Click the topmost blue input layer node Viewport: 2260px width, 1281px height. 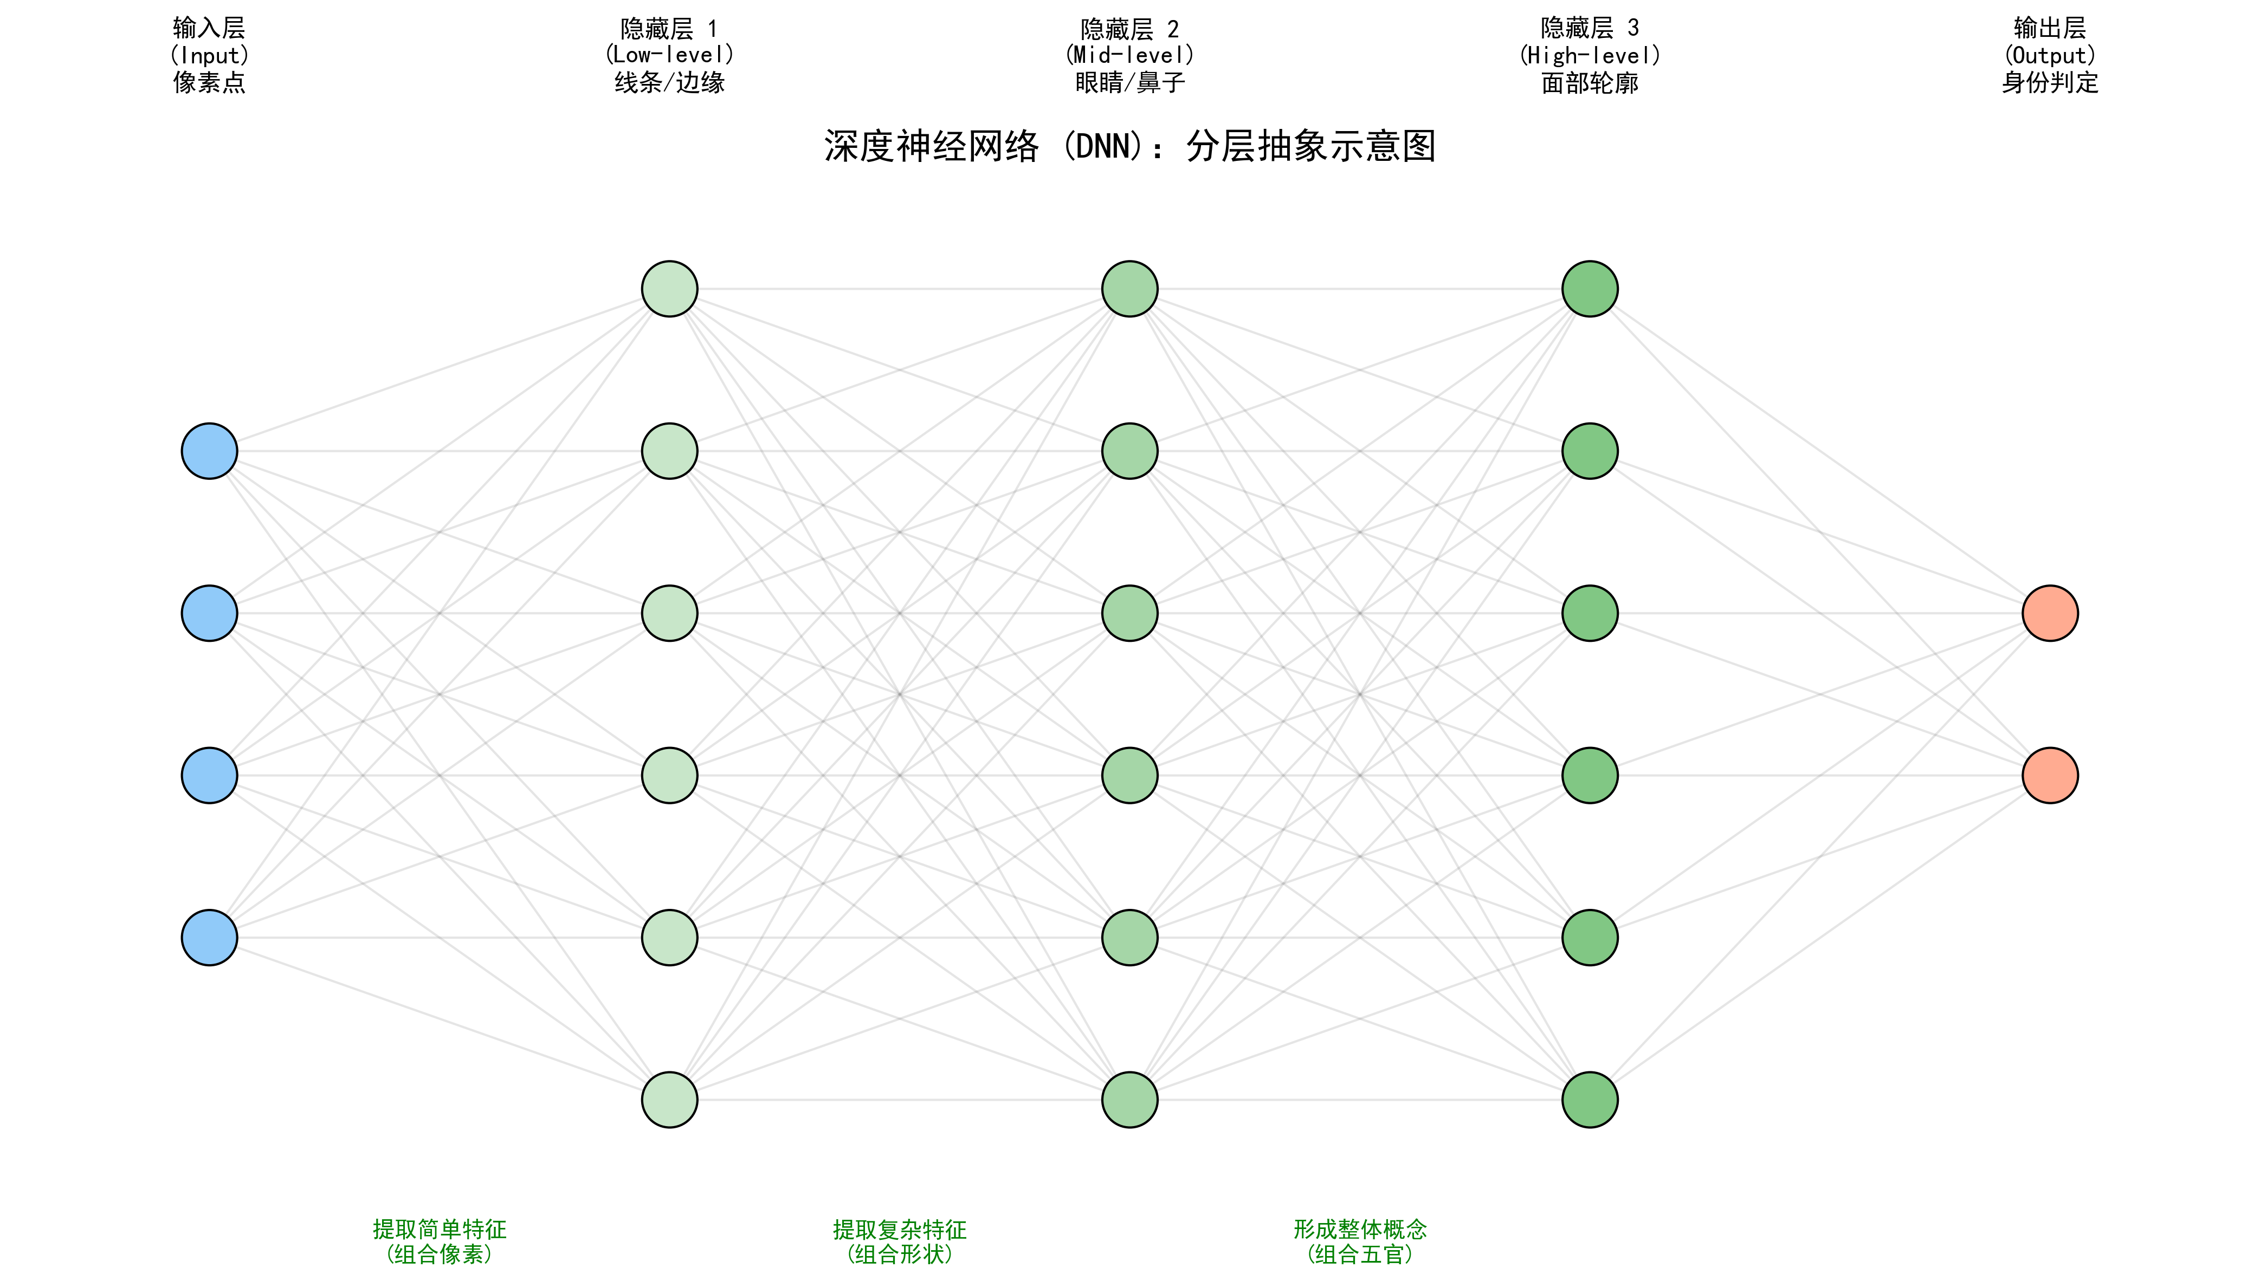(x=209, y=451)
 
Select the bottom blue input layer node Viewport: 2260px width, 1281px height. (x=209, y=938)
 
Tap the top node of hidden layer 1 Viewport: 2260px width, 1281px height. (x=670, y=289)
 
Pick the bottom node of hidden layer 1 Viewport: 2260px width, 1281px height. (x=670, y=1100)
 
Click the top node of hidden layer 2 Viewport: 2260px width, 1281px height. (x=1130, y=289)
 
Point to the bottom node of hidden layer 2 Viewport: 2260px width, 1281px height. (x=1130, y=1100)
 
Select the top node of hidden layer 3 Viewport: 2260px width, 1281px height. (x=1590, y=289)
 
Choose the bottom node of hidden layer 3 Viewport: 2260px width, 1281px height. (x=1590, y=1100)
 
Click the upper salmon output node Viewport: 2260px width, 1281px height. (x=2051, y=613)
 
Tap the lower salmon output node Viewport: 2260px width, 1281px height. (x=2051, y=775)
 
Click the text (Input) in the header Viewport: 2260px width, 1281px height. (x=209, y=55)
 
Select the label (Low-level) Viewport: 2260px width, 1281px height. (x=670, y=55)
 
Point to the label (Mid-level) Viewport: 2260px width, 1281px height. (x=1130, y=55)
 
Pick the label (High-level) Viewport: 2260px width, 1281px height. (x=1590, y=55)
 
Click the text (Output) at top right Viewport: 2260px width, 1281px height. (x=2051, y=55)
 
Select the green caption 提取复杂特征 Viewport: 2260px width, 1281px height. (x=900, y=1229)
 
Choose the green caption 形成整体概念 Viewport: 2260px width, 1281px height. (x=1360, y=1229)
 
